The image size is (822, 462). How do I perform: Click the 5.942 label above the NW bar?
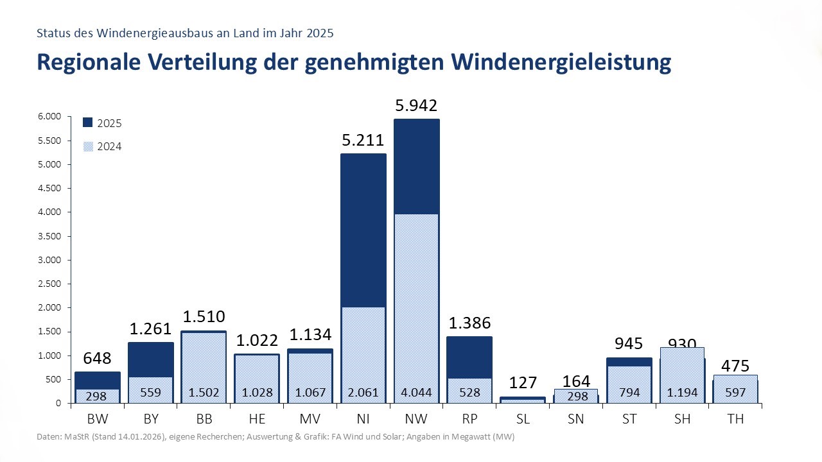pyautogui.click(x=417, y=106)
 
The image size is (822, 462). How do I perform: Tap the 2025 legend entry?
pyautogui.click(x=103, y=123)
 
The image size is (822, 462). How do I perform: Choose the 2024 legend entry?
pyautogui.click(x=103, y=146)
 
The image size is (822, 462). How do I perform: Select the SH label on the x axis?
pyautogui.click(x=681, y=420)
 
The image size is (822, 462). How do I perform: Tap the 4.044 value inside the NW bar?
pyautogui.click(x=417, y=393)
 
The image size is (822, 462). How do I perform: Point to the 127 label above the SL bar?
pyautogui.click(x=522, y=383)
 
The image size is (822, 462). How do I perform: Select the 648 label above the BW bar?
pyautogui.click(x=96, y=358)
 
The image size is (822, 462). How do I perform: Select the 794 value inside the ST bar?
pyautogui.click(x=628, y=393)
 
